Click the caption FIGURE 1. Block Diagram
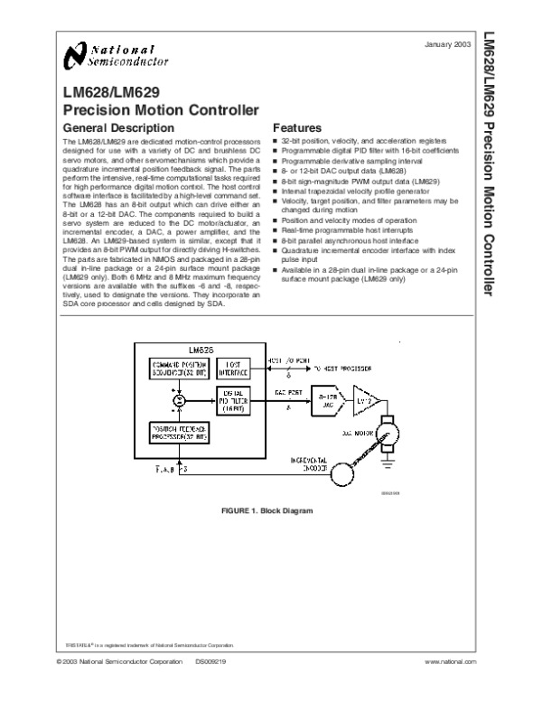(x=266, y=511)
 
